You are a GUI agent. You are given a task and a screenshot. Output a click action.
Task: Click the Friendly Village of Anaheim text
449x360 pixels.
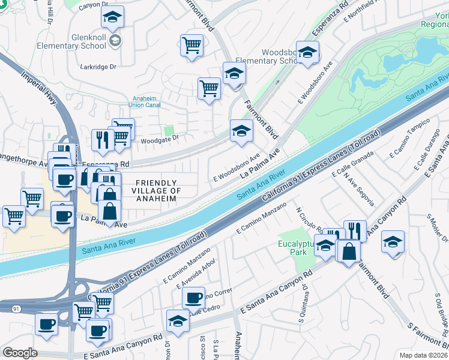[156, 190]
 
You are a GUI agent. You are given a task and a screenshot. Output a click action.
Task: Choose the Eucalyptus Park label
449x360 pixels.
[297, 248]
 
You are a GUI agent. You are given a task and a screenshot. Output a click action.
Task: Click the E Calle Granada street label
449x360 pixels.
[352, 162]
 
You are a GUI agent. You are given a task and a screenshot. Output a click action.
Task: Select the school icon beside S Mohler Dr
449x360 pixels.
[393, 241]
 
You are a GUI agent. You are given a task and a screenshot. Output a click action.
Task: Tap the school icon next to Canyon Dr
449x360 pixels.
[112, 18]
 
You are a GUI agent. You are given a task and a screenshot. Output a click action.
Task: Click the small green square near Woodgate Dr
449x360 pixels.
[169, 130]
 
